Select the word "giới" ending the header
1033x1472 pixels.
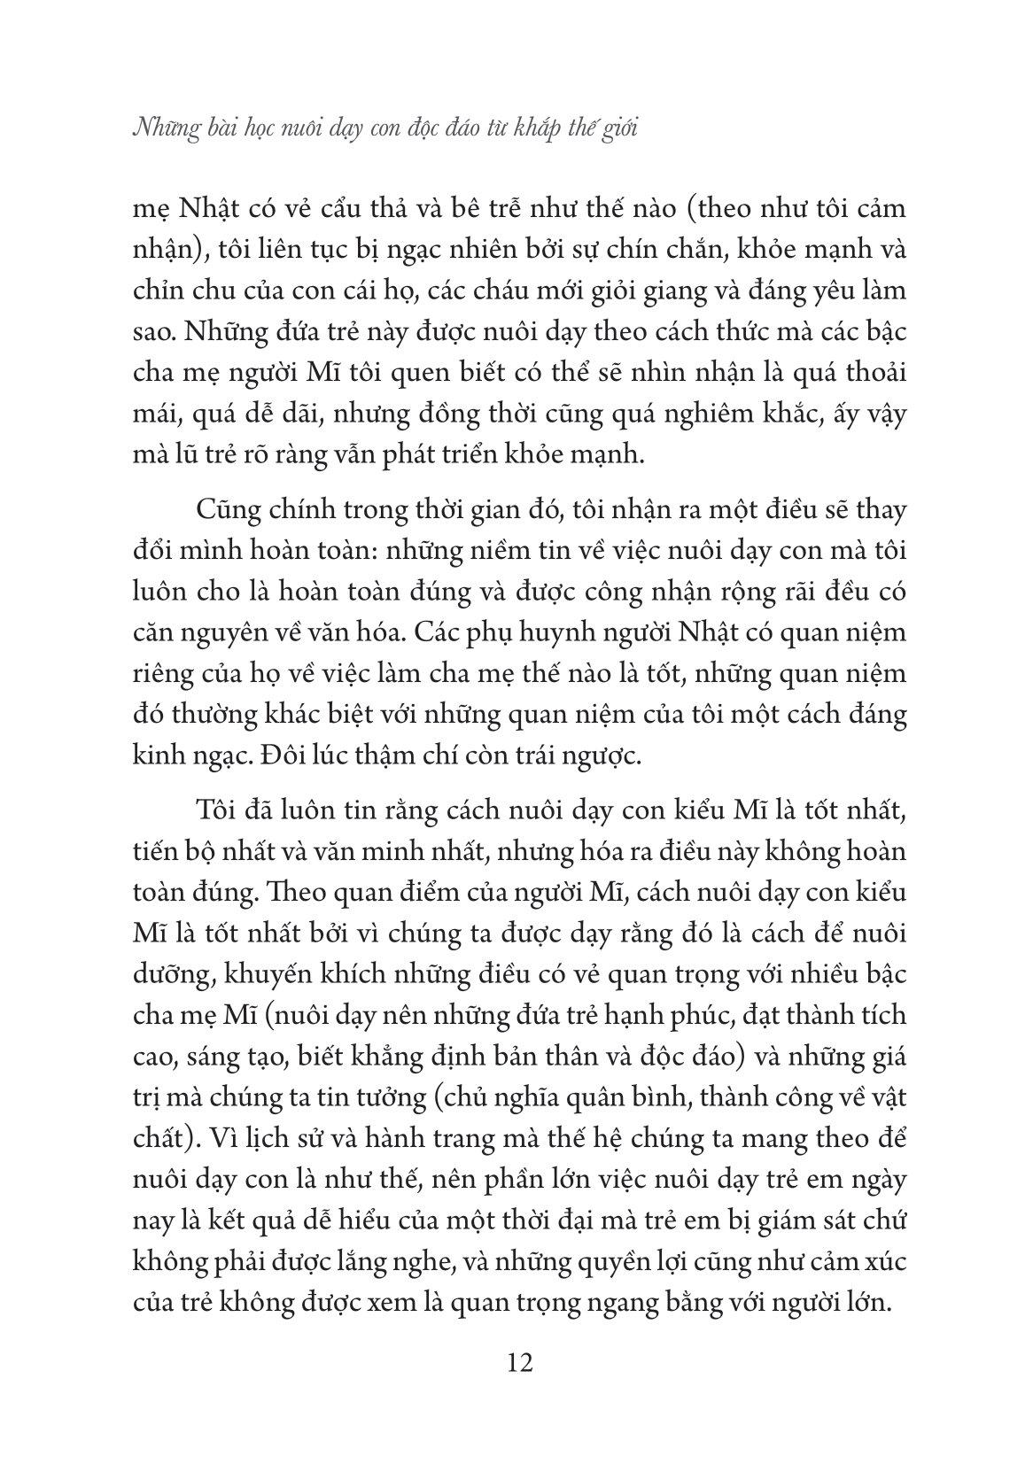pyautogui.click(x=617, y=130)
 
